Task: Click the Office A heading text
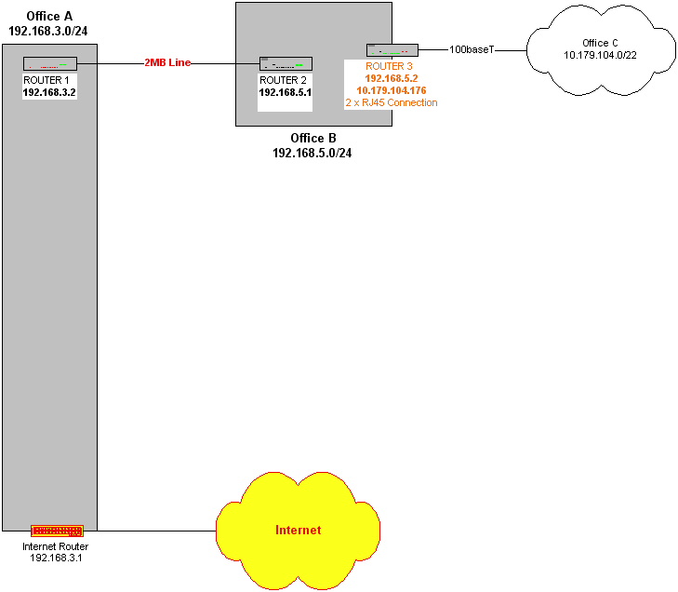coord(48,16)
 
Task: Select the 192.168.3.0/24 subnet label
coord(48,30)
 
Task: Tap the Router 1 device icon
coord(49,64)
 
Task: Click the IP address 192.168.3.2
coord(49,93)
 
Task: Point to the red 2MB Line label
coord(167,61)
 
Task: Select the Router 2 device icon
coord(286,64)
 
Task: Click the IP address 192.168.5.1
coord(285,93)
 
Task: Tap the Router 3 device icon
coord(395,49)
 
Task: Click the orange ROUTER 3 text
coord(391,67)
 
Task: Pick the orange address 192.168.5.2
coord(391,79)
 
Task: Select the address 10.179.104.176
coord(391,91)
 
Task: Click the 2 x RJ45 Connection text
coord(391,102)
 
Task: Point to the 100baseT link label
coord(472,48)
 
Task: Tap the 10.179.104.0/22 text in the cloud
coord(600,56)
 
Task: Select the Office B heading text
coord(312,138)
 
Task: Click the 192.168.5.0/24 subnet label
coord(312,152)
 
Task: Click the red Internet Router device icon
coord(57,531)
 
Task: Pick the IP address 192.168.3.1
coord(57,557)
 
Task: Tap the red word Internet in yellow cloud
coord(298,531)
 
